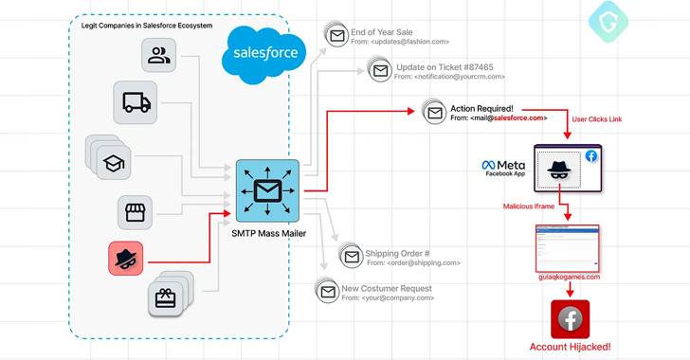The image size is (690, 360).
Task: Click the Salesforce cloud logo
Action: click(264, 54)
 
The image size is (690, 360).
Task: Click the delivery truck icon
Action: click(135, 102)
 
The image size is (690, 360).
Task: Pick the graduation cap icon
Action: click(114, 162)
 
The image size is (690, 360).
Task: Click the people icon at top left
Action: click(158, 56)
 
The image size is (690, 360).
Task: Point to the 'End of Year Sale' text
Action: click(382, 32)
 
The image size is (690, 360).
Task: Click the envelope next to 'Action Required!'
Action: click(434, 113)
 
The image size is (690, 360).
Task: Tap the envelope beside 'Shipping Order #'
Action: click(352, 256)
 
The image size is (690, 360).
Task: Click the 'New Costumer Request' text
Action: click(387, 288)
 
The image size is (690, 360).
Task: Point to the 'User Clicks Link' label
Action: click(596, 120)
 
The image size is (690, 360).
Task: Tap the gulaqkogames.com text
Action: click(569, 277)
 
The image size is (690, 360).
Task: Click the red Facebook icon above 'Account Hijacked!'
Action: click(570, 319)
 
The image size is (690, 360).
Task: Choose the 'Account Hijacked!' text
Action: click(570, 348)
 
